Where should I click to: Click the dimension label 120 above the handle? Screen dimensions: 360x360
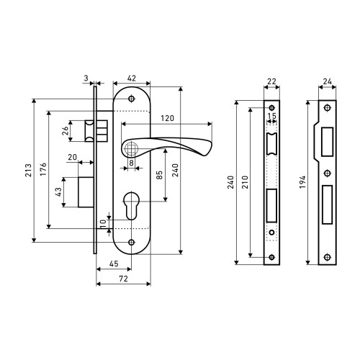coord(167,118)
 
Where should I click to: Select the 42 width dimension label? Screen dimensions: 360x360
coord(132,78)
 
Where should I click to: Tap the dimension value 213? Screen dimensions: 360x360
coord(29,170)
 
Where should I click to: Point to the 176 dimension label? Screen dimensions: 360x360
coord(43,169)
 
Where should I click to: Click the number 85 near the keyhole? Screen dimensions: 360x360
coord(159,175)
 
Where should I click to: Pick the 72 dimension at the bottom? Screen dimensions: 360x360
coord(123,279)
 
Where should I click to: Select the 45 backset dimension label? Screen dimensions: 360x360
coord(114,264)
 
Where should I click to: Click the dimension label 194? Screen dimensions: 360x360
coord(302,182)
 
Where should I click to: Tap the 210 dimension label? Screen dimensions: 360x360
coord(245,182)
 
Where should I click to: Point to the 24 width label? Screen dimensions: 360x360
coord(327,81)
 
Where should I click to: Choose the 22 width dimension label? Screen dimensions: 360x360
coord(271,81)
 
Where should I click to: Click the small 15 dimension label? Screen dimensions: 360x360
coord(271,116)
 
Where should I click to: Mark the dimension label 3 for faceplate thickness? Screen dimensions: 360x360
coord(86,78)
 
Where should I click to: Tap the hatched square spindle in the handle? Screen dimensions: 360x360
coord(131,148)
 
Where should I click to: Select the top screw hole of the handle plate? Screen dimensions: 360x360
coord(131,99)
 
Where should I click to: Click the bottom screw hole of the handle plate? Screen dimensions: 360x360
coord(131,242)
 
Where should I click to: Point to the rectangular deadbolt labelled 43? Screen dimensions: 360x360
coord(86,192)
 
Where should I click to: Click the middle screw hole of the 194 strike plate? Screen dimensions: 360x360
coord(328,173)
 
